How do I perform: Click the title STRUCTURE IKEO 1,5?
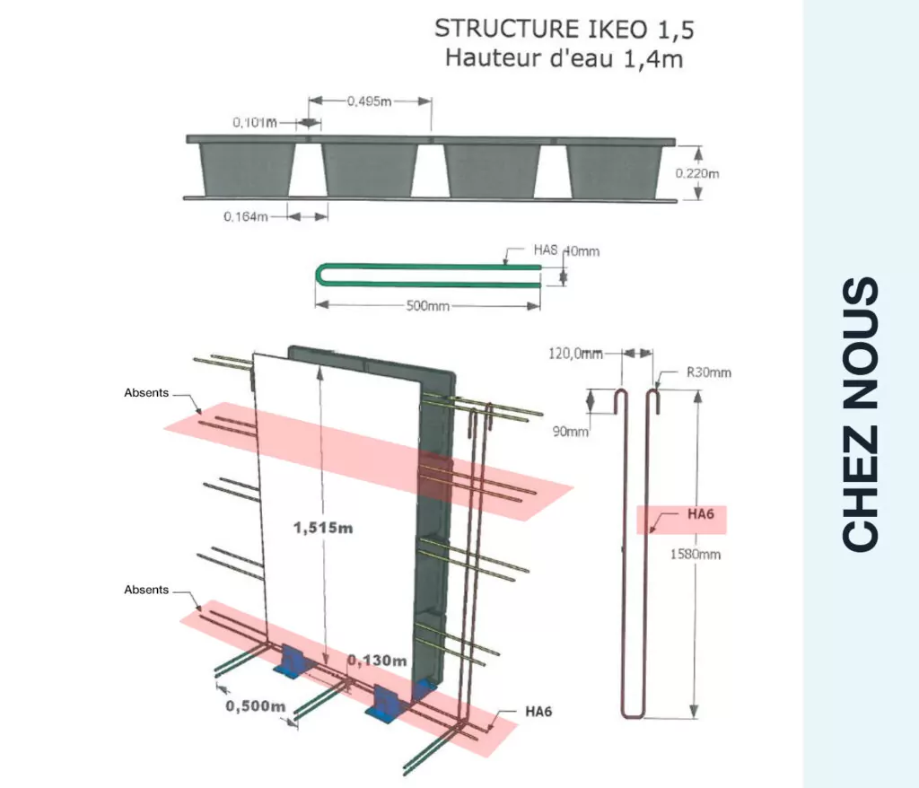coord(564,29)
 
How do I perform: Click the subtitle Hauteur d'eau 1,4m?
coord(564,59)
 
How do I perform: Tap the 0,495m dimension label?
coord(369,101)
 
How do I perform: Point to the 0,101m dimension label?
coord(254,123)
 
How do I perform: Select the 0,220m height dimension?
coord(697,173)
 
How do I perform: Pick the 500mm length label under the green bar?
coord(428,306)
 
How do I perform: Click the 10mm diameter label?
coord(584,251)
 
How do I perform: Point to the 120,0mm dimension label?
coord(574,355)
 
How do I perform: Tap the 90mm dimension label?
coord(571,432)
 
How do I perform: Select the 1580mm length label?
coord(696,554)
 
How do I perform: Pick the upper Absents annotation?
coord(146,393)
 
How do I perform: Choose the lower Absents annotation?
coord(146,590)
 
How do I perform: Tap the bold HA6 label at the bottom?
coord(538,712)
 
